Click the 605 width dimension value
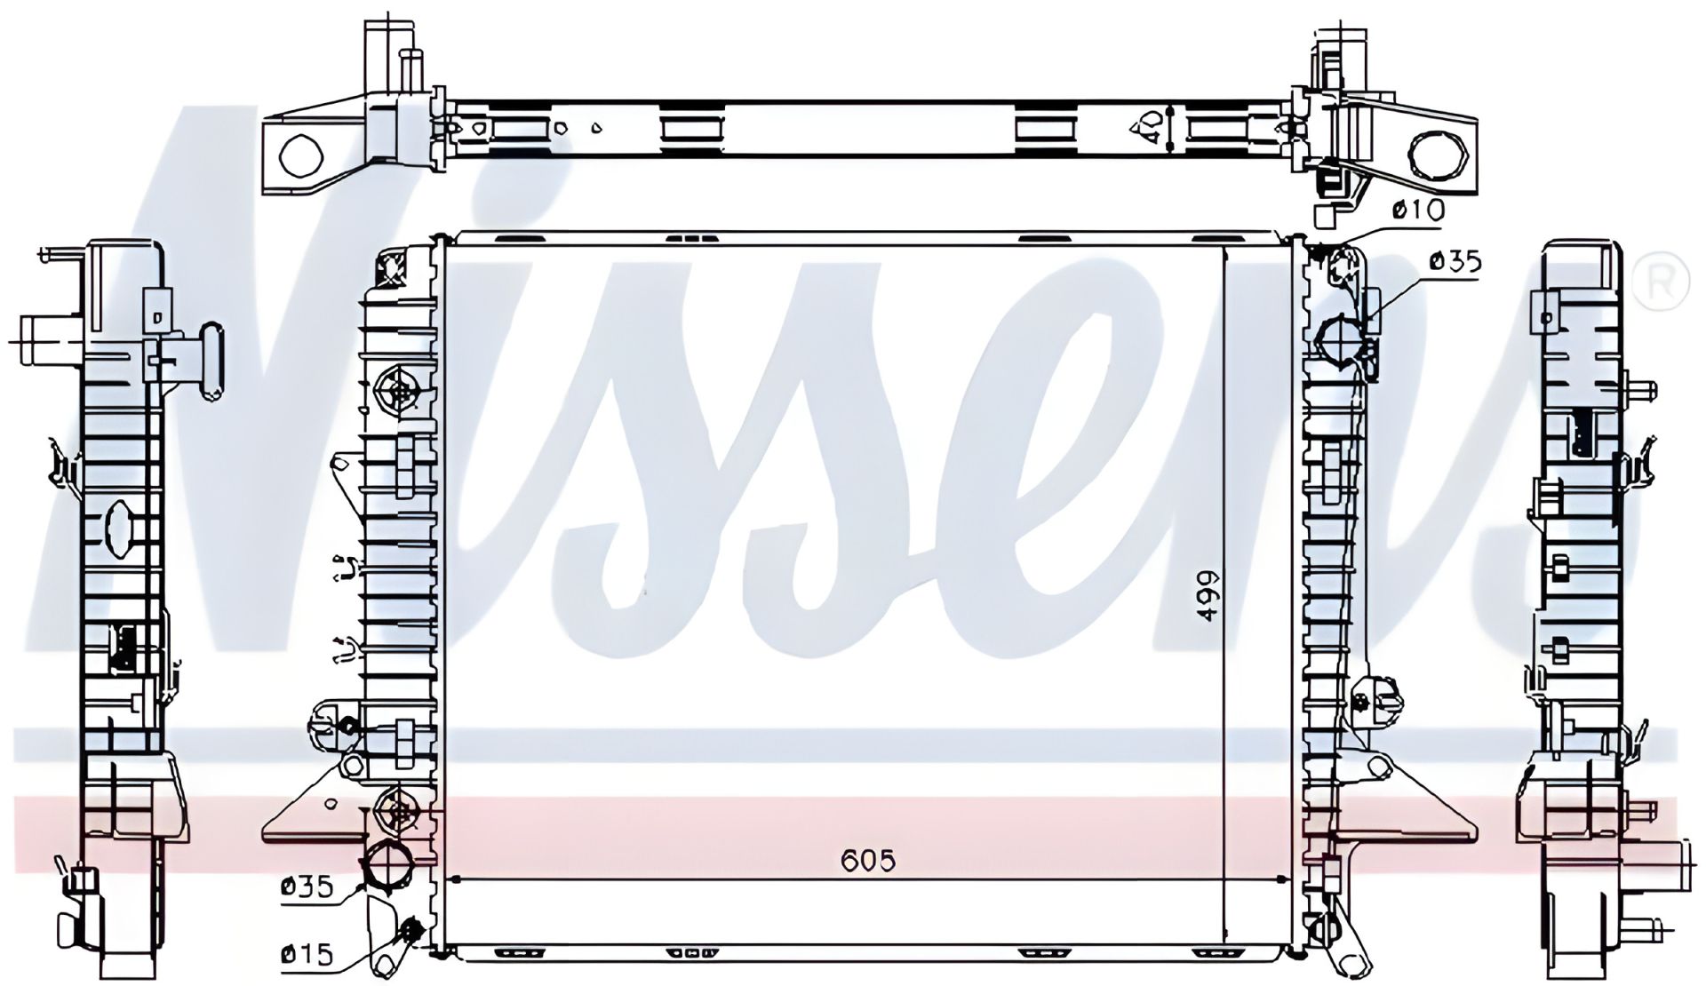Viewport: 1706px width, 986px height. (867, 860)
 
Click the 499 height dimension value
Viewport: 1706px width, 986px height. (1208, 596)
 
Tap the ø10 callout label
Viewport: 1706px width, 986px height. (1418, 211)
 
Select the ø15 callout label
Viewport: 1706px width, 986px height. (307, 954)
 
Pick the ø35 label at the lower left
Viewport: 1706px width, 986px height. (307, 886)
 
